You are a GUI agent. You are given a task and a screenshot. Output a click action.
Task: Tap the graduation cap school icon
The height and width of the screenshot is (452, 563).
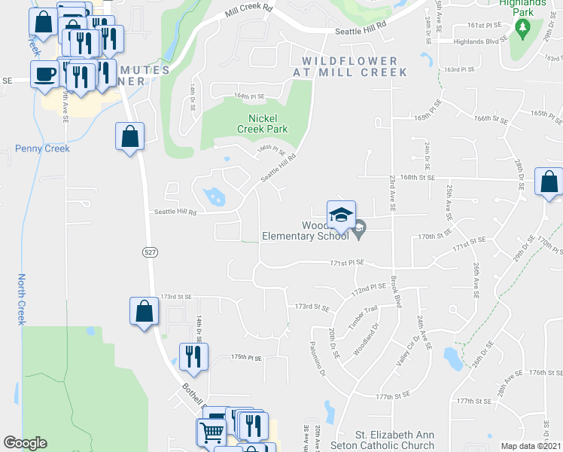[x=341, y=214]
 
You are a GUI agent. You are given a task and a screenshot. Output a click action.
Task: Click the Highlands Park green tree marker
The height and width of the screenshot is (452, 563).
[x=523, y=28]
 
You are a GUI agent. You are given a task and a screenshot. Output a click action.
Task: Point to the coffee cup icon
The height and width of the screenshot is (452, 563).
[x=44, y=74]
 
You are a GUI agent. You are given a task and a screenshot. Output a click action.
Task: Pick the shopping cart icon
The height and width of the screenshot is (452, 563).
[x=212, y=432]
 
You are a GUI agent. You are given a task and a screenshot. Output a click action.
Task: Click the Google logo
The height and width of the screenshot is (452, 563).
[x=26, y=443]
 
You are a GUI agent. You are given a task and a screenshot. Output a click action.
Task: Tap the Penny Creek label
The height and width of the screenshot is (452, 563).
[x=42, y=148]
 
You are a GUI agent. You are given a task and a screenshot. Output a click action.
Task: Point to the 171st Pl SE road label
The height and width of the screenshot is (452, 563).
[x=347, y=262]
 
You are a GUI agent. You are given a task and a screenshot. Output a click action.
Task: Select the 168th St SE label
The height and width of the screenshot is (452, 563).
[x=418, y=178]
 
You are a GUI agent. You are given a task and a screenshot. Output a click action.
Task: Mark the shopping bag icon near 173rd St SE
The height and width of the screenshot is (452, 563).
[x=143, y=311]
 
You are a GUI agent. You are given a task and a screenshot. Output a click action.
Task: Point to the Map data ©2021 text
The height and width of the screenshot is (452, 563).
[x=531, y=446]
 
